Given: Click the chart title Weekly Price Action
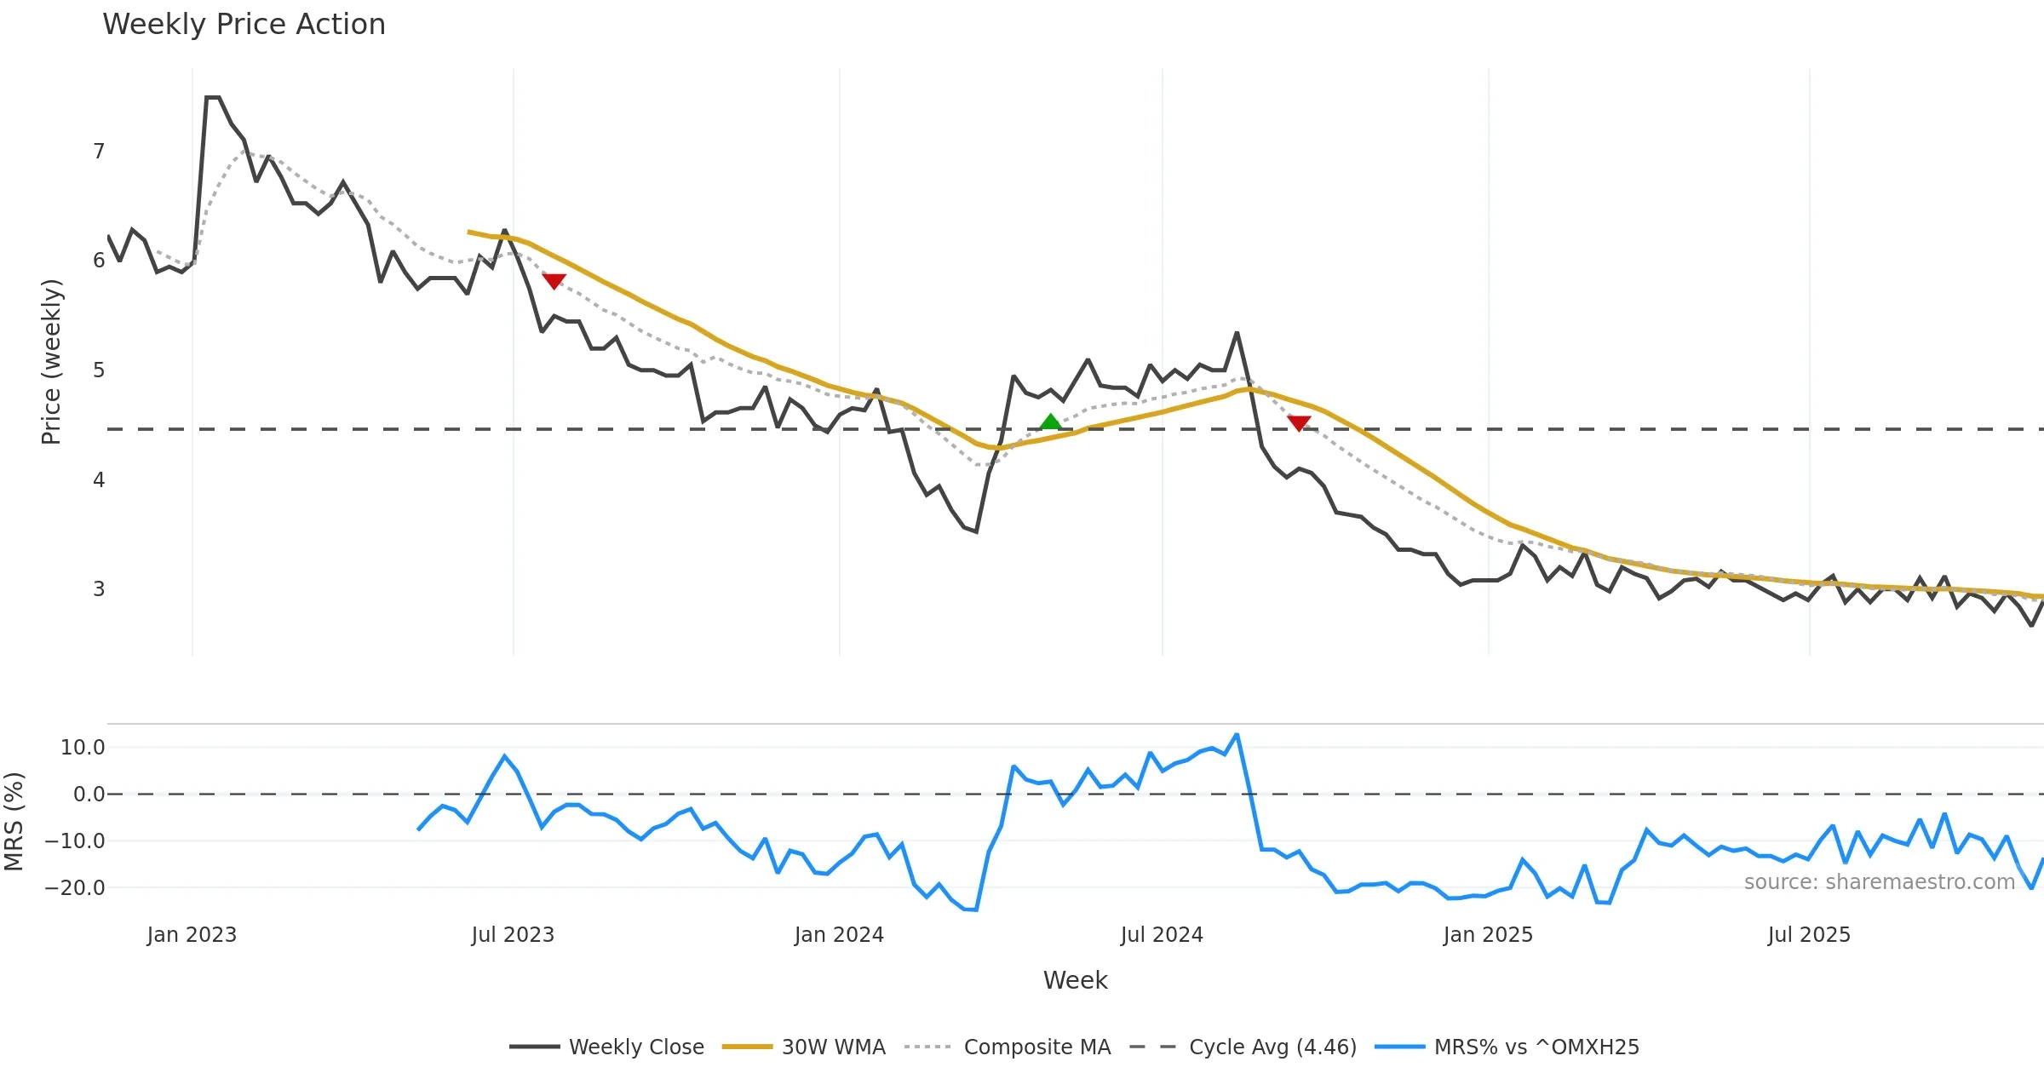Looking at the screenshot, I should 244,25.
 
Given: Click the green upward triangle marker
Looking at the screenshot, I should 1051,422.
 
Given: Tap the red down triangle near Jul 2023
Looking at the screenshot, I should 554,281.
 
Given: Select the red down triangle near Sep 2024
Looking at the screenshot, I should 1299,422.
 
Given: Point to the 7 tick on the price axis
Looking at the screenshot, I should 99,152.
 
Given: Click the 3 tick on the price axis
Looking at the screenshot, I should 99,589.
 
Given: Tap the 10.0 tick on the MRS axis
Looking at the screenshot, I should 83,748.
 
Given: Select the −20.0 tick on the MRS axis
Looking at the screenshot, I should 75,887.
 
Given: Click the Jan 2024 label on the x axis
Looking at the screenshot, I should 839,935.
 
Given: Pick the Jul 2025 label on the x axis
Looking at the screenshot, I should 1809,935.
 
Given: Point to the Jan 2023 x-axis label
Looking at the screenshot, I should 192,935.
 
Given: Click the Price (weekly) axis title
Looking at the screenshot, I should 51,362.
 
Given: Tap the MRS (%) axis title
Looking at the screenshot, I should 14,822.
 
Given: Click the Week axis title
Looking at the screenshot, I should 1075,980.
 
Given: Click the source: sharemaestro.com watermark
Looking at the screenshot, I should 1879,882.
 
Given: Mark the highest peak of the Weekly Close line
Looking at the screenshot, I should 213,98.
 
